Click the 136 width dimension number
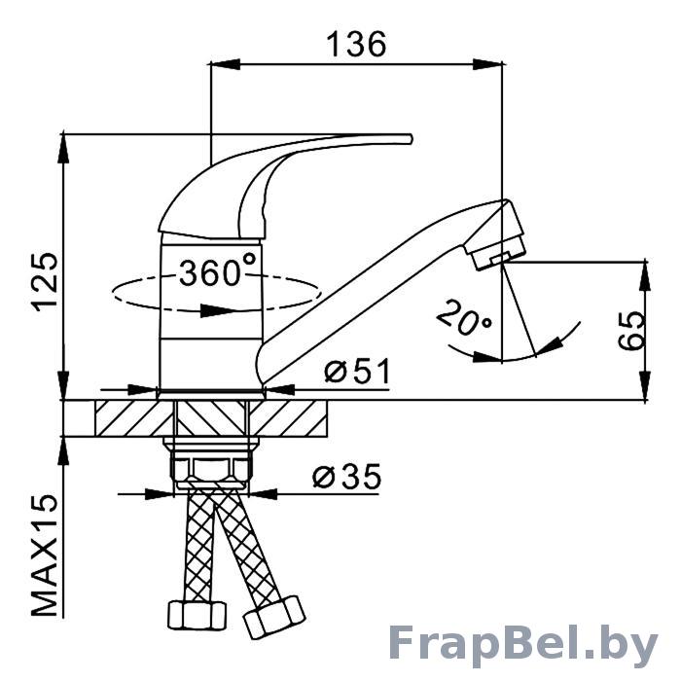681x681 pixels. [x=356, y=44]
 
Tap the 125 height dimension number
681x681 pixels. [x=45, y=281]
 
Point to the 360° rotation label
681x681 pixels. [x=217, y=270]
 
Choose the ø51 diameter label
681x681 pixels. [x=357, y=371]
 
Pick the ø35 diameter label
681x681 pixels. [x=346, y=477]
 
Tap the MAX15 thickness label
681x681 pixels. [x=45, y=555]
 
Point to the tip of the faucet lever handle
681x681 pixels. [x=410, y=138]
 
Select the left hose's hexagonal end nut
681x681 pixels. [x=197, y=615]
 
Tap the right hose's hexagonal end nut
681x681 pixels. [x=274, y=617]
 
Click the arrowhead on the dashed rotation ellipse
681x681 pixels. [x=216, y=310]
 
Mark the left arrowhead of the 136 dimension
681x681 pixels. [x=225, y=64]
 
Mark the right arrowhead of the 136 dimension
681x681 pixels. [x=487, y=64]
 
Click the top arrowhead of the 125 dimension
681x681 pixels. [x=64, y=148]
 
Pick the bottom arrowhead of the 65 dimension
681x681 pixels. [x=646, y=385]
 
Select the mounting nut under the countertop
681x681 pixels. [x=211, y=464]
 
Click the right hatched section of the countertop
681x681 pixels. [x=288, y=417]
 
